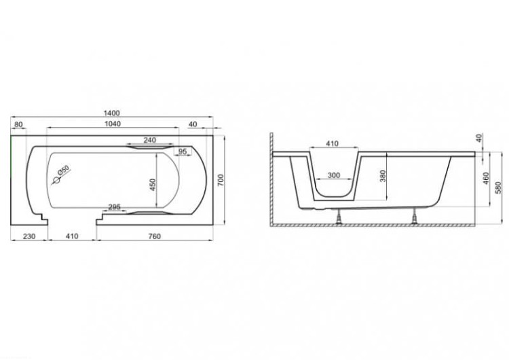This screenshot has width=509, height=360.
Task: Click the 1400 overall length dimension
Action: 112,113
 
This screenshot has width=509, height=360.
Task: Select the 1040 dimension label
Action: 113,124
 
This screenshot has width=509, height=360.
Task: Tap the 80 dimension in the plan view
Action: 19,124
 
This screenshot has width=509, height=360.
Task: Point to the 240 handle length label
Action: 150,140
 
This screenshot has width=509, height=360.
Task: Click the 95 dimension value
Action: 183,151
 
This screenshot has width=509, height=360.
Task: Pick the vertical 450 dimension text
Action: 152,185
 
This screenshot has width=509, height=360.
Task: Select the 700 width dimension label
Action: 221,180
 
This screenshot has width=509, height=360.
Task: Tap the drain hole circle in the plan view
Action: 57,180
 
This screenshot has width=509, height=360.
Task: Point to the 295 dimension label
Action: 114,206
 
